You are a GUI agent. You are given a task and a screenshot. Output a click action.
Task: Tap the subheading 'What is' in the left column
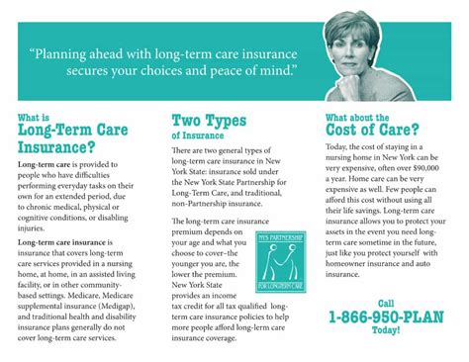pyautogui.click(x=35, y=117)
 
